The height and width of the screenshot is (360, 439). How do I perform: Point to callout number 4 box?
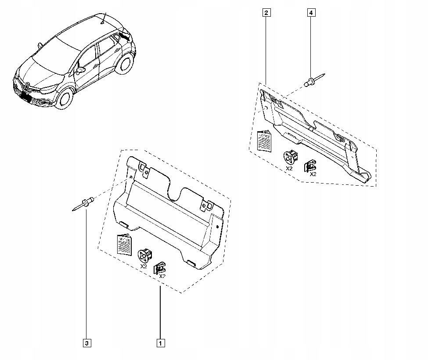tap(311, 13)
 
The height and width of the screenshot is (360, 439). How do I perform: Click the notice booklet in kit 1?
tap(124, 245)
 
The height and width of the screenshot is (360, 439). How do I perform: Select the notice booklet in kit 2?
tap(264, 140)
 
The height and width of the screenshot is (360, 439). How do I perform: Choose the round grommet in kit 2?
tap(290, 157)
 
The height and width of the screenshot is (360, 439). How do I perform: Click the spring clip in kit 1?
tap(160, 267)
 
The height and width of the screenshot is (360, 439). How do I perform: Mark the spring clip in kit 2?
tap(310, 165)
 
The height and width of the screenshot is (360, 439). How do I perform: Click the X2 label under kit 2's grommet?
tap(289, 168)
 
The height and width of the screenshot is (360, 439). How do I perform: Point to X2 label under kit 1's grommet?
tap(144, 266)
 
